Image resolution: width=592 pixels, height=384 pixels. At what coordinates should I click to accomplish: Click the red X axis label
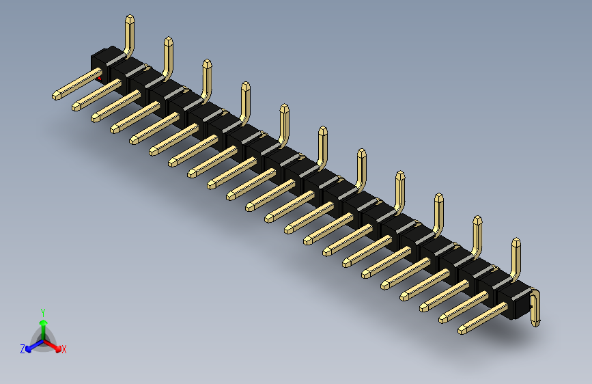pos(64,350)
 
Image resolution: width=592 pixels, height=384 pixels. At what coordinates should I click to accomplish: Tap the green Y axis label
pos(42,311)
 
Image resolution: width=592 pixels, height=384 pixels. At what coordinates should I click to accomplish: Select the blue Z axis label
pos(23,349)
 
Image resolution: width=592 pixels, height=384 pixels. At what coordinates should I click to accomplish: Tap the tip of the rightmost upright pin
pos(516,242)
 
